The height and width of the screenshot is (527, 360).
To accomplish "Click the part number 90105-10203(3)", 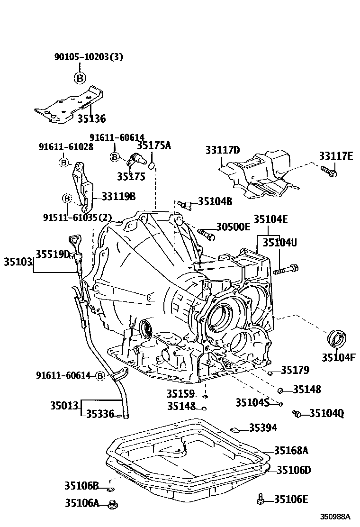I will pyautogui.click(x=88, y=57).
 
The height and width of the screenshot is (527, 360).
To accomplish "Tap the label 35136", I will pyautogui.click(x=91, y=118).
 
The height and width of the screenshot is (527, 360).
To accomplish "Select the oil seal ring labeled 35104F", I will pyautogui.click(x=337, y=339).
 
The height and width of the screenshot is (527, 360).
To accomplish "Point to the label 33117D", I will pyautogui.click(x=223, y=150).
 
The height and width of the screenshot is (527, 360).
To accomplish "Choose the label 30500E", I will pyautogui.click(x=233, y=227).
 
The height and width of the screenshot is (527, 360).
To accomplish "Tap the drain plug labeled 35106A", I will pyautogui.click(x=113, y=504).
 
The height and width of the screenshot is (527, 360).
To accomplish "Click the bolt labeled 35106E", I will pyautogui.click(x=260, y=499).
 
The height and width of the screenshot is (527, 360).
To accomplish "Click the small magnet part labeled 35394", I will pyautogui.click(x=235, y=429).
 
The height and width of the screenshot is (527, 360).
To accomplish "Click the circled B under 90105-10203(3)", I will pyautogui.click(x=80, y=78).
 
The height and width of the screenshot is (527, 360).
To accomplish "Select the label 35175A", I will pyautogui.click(x=153, y=145).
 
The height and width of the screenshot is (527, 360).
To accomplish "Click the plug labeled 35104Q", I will pyautogui.click(x=297, y=414).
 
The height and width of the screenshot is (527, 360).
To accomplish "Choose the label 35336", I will pyautogui.click(x=100, y=414).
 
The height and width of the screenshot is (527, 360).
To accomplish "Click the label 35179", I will pyautogui.click(x=295, y=370).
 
